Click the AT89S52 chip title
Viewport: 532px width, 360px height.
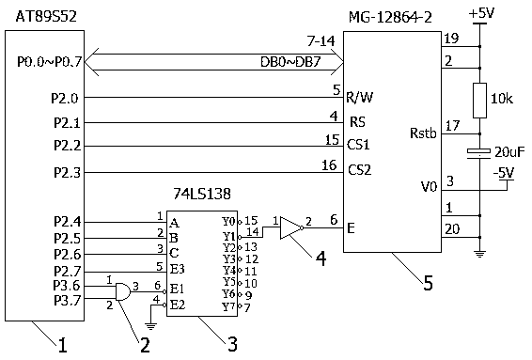(46, 16)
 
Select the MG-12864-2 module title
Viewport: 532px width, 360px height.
(390, 17)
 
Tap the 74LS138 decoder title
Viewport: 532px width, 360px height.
(202, 194)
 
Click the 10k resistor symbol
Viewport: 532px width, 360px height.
(479, 101)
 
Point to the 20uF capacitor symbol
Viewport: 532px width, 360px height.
(479, 153)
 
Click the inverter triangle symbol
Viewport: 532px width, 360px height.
(291, 227)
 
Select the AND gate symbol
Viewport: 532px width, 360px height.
(123, 291)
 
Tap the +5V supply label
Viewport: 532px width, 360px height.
(481, 13)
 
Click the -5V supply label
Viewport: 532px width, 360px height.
(504, 173)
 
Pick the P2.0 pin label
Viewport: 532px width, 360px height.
(65, 99)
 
